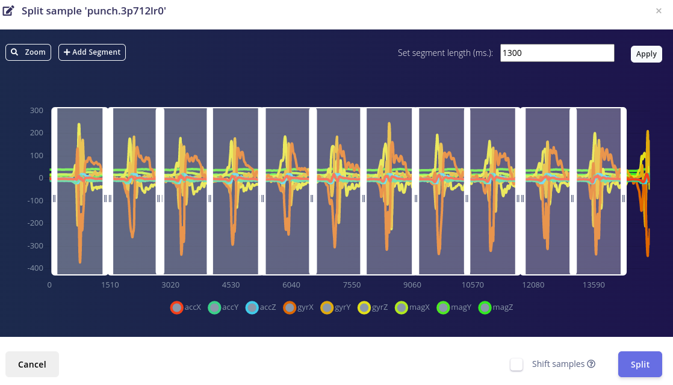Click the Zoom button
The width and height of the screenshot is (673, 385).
tap(28, 52)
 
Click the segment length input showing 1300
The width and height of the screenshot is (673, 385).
tap(557, 53)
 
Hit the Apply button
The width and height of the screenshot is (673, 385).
tap(646, 54)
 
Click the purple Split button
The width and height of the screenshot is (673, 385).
tap(640, 364)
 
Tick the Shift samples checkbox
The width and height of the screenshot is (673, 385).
tap(516, 365)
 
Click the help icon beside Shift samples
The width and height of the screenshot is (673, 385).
tap(591, 364)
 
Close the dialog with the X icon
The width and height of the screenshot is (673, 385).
tap(659, 11)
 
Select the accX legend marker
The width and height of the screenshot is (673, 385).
tap(177, 307)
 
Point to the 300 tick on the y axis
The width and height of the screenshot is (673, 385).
tap(36, 110)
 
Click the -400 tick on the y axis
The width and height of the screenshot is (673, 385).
tap(35, 268)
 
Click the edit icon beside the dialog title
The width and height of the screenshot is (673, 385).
tap(8, 10)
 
